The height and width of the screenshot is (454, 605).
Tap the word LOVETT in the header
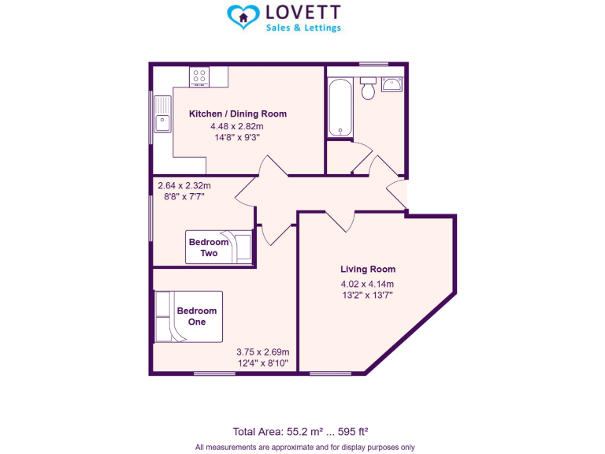(303, 13)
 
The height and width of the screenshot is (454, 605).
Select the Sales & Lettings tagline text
(303, 28)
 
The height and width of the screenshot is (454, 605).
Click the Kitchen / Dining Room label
(238, 113)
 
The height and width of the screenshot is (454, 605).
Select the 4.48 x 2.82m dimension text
(236, 125)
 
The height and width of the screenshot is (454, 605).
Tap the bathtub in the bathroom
(340, 107)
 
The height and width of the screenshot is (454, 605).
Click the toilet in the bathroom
(367, 89)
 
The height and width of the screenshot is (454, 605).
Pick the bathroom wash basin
(392, 84)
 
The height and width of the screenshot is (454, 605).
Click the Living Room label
(367, 270)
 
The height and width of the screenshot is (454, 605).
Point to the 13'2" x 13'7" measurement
(366, 295)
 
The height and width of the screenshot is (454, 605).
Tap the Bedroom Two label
(209, 247)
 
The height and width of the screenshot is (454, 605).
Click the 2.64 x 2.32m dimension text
(184, 186)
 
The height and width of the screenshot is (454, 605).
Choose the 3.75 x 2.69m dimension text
(263, 352)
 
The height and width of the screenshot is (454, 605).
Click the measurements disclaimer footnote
(305, 447)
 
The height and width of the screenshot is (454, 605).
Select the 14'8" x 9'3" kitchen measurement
(237, 137)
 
